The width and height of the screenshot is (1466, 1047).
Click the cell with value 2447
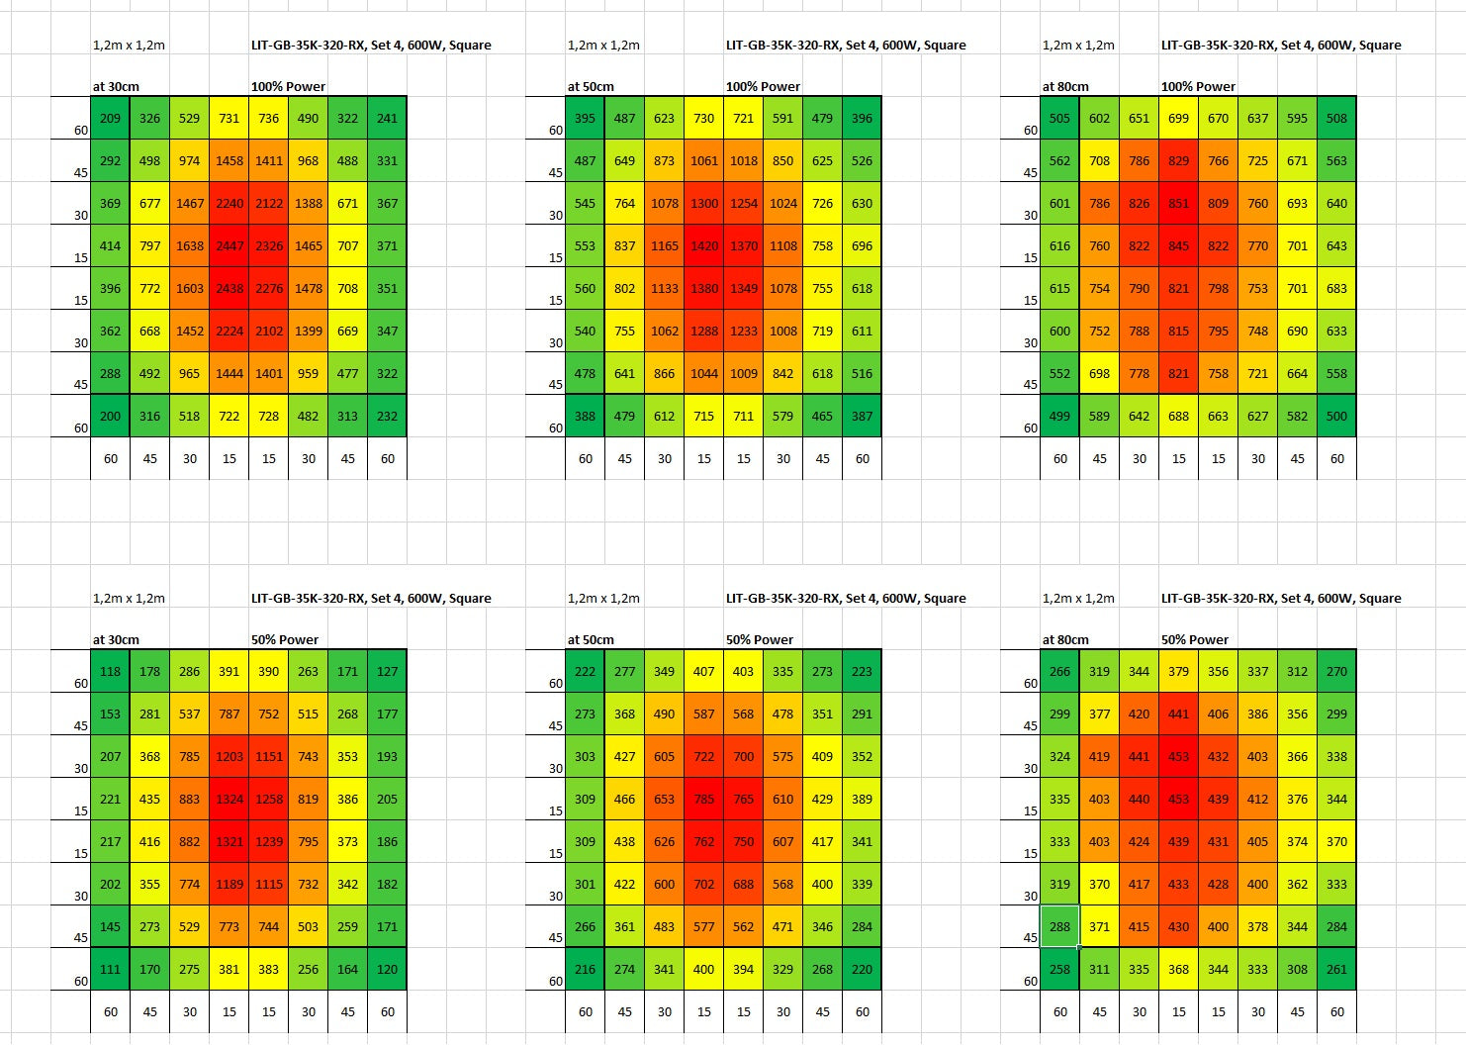[x=229, y=245]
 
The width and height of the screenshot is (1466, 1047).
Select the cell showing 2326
[x=268, y=245]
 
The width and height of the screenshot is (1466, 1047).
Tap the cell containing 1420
[x=703, y=245]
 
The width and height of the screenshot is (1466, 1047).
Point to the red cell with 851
[x=1178, y=203]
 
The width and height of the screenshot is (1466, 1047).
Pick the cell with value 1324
[x=229, y=799]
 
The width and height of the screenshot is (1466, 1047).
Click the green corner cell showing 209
[x=110, y=118]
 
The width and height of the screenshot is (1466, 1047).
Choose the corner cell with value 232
[x=387, y=416]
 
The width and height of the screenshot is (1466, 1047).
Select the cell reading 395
[x=585, y=118]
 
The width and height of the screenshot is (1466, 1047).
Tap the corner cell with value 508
[x=1336, y=118]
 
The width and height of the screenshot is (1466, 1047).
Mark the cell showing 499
[x=1059, y=416]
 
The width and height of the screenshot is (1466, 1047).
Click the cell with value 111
[x=110, y=969]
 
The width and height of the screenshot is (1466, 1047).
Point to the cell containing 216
[x=585, y=969]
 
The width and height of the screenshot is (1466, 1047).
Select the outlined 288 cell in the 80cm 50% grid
[x=1059, y=926]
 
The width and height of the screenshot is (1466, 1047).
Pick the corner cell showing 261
[x=1336, y=969]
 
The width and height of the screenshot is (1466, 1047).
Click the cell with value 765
[x=743, y=799]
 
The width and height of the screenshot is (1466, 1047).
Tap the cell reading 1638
[x=189, y=245]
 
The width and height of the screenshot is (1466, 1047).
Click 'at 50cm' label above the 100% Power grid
[x=591, y=86]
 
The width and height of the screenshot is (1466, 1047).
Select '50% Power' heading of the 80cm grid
[x=1194, y=639]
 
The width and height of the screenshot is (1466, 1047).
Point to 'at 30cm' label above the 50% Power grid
[x=116, y=639]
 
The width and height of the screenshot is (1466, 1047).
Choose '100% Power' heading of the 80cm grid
[x=1198, y=86]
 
